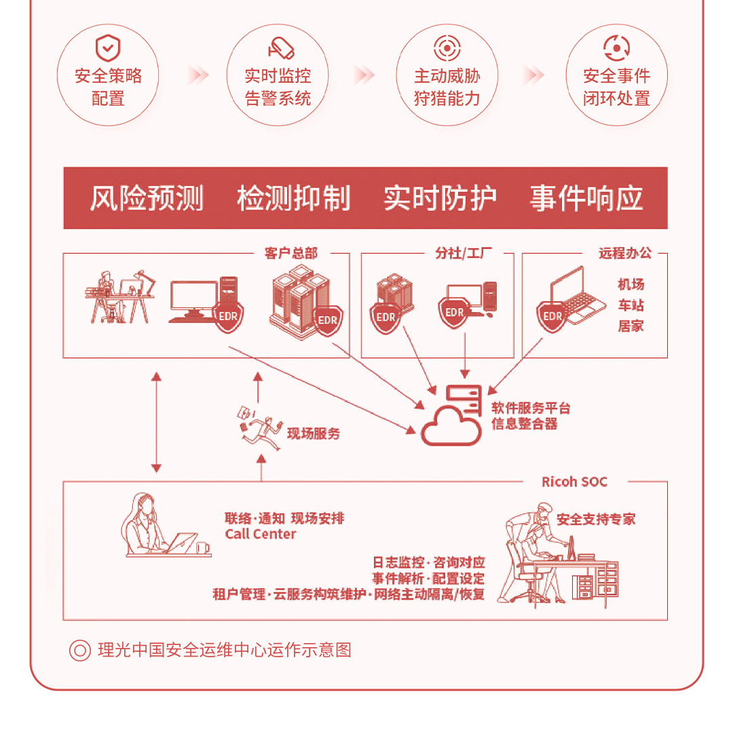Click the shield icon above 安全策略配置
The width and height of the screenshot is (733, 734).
click(107, 49)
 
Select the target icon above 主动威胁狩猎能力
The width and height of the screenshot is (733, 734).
click(447, 48)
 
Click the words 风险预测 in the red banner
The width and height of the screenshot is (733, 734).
click(147, 198)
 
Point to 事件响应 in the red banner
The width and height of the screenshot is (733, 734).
click(586, 198)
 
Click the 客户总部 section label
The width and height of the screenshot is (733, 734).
click(290, 254)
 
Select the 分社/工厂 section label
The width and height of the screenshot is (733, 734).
click(464, 254)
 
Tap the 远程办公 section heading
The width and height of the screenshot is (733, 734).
click(624, 254)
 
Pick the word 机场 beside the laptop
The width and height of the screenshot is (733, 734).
click(631, 284)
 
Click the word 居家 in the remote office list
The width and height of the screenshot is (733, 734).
click(631, 326)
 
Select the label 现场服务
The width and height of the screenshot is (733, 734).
click(314, 434)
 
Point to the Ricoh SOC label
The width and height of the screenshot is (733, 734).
click(574, 482)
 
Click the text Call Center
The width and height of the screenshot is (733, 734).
click(261, 535)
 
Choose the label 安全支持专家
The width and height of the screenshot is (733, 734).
click(596, 520)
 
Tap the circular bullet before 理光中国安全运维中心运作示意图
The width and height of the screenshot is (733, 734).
click(80, 651)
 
